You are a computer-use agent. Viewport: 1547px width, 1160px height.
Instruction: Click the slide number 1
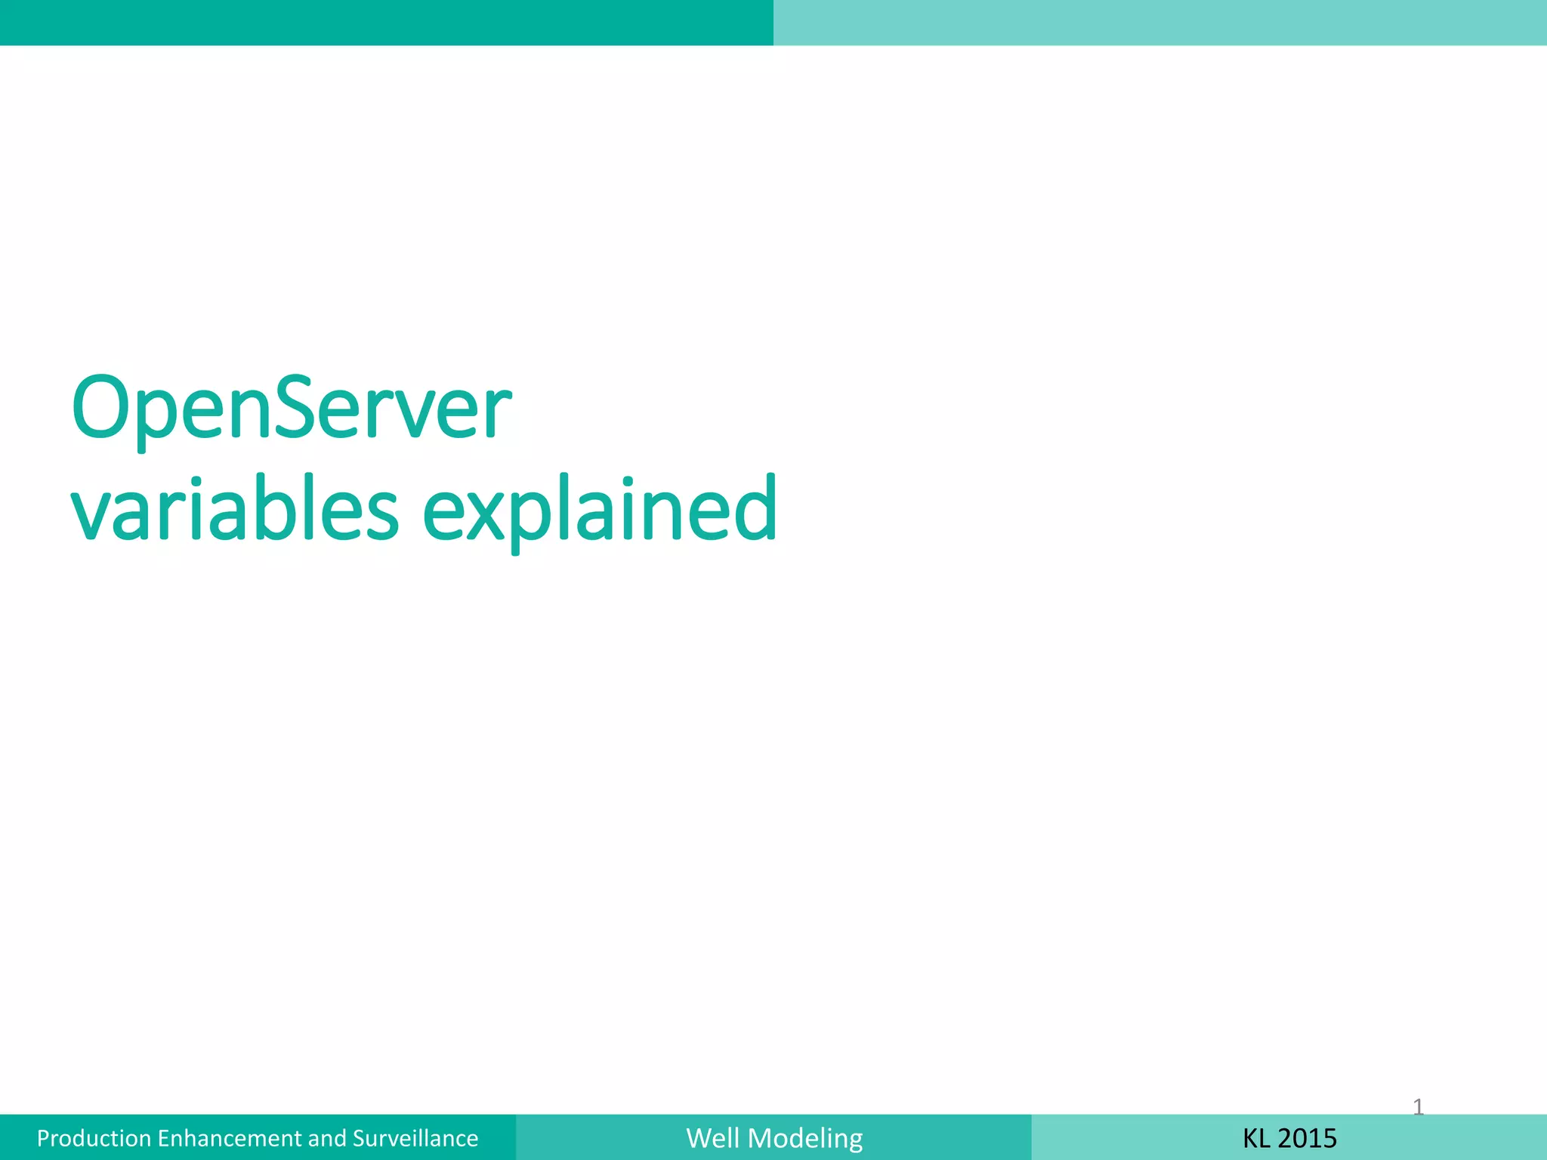[1418, 1107]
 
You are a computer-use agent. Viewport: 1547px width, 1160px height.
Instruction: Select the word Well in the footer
[713, 1138]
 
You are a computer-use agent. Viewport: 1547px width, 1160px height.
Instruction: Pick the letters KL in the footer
[1256, 1138]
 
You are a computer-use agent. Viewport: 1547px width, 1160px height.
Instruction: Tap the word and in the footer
[328, 1138]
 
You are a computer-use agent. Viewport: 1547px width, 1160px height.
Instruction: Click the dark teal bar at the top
[387, 23]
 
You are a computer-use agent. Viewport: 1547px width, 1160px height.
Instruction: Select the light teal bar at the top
[1160, 23]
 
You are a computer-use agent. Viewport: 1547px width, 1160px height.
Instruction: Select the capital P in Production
[43, 1138]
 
